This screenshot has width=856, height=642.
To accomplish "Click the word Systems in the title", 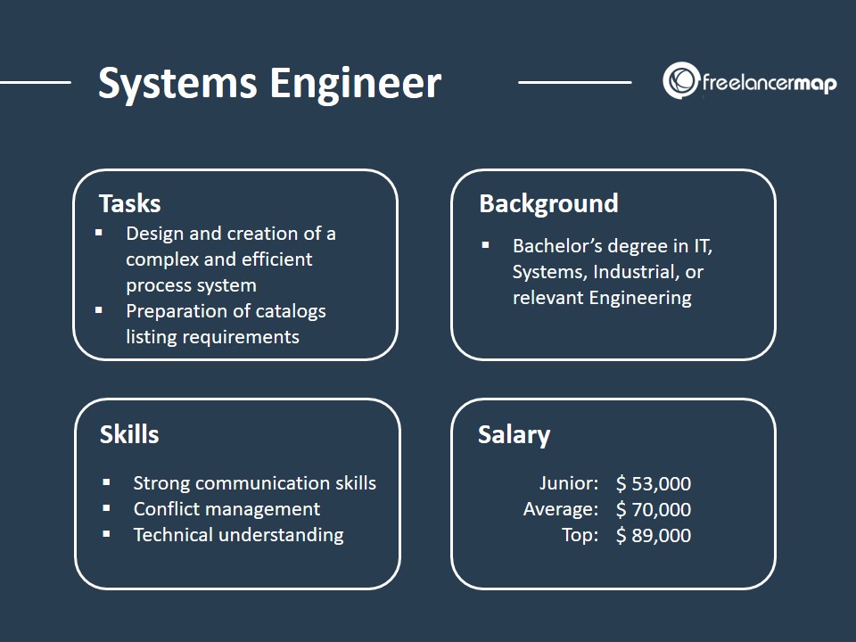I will point(176,84).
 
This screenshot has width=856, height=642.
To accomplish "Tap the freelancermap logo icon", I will point(679,80).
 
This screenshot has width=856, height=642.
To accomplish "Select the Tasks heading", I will point(129,203).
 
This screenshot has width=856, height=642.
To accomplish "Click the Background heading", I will point(548,203).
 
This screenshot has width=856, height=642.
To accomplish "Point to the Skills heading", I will point(129,434).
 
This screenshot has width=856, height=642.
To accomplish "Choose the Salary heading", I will point(514,434).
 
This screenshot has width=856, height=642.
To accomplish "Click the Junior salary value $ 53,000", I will point(654,484).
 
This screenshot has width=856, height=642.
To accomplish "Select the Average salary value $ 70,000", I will point(654,510).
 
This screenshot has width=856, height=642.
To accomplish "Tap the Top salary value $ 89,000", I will point(654,535).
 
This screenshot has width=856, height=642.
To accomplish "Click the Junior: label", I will point(569,484).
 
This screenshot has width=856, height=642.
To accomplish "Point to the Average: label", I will point(561,510).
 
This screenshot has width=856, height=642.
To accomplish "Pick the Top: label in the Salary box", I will point(580,535).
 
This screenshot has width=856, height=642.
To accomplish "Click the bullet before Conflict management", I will point(107,508).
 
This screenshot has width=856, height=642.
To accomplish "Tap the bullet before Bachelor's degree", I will point(486,244).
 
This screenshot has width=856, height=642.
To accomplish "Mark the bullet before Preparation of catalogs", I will point(100,310).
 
